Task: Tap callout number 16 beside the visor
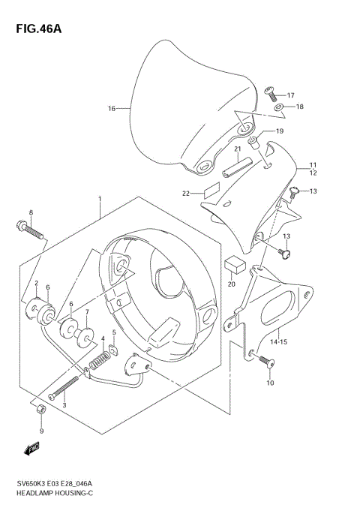(x=112, y=109)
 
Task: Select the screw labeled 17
(x=271, y=94)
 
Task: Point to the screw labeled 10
(x=266, y=363)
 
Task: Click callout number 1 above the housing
(x=99, y=200)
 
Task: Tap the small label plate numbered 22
(x=211, y=190)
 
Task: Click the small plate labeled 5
(x=113, y=347)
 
